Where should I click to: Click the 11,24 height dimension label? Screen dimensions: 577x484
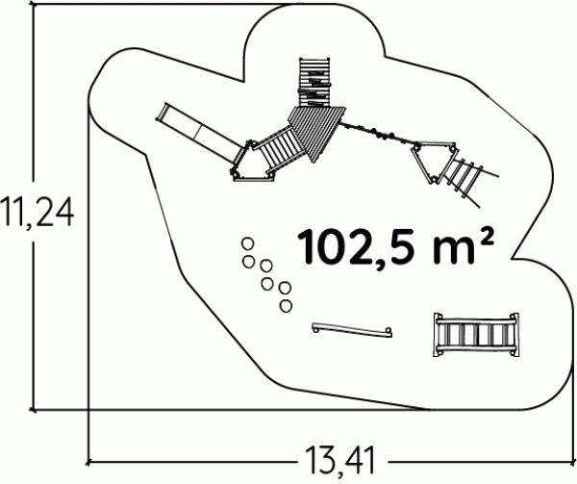click(37, 211)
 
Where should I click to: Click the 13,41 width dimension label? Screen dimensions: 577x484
click(340, 460)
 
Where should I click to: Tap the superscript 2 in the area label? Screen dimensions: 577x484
click(486, 238)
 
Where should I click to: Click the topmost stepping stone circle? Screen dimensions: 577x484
click(248, 243)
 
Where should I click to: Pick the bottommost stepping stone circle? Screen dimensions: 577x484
click(286, 306)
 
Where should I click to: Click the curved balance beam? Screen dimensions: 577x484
click(352, 329)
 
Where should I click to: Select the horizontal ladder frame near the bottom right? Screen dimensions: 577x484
click(476, 335)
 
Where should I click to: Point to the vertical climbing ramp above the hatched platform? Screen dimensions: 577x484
click(314, 82)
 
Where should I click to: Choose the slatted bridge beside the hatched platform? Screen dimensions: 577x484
click(280, 149)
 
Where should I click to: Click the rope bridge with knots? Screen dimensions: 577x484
click(378, 133)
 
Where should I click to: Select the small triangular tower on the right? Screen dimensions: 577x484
click(435, 162)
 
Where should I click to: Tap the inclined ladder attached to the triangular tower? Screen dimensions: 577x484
click(468, 176)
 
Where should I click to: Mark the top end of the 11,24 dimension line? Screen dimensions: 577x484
click(34, 5)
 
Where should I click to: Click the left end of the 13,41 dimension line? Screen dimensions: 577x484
click(88, 462)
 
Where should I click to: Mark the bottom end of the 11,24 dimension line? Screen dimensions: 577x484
click(34, 409)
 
